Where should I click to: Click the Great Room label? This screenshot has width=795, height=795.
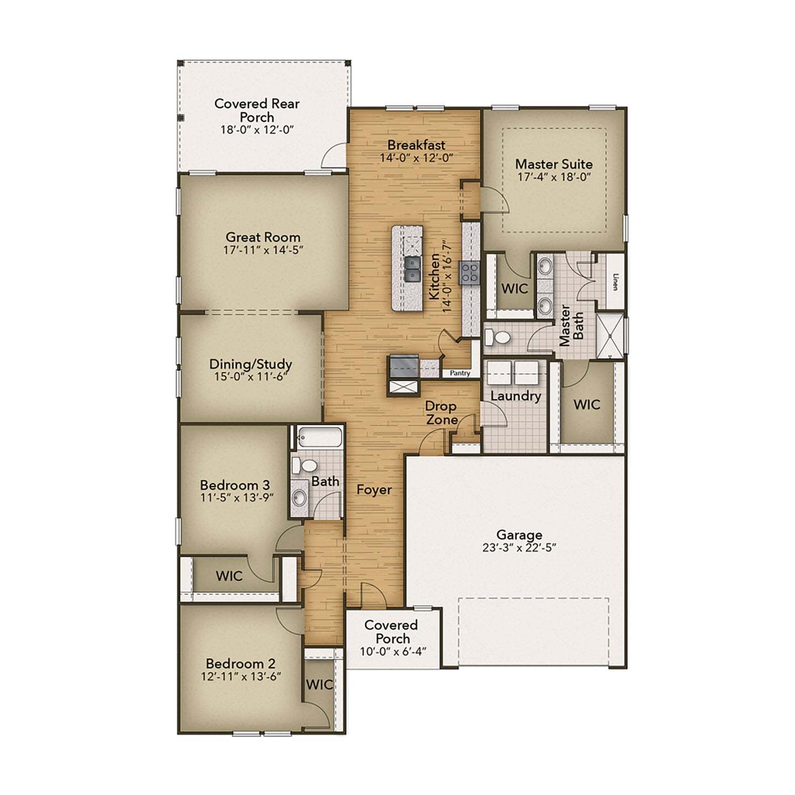(x=263, y=237)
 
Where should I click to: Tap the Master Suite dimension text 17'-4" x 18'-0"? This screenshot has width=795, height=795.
(x=554, y=178)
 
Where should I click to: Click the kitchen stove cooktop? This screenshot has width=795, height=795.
(x=470, y=273)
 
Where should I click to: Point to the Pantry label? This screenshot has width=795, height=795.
(x=460, y=373)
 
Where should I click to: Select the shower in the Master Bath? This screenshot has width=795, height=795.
(x=610, y=335)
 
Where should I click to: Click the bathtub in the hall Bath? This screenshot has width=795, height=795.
(x=319, y=438)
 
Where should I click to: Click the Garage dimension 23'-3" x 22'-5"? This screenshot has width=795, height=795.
(x=518, y=548)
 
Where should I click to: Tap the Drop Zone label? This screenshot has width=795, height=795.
(x=441, y=413)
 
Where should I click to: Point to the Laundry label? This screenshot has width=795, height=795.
(x=516, y=396)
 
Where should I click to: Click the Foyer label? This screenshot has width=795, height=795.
(x=374, y=490)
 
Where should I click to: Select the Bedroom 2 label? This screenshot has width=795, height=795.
(x=240, y=664)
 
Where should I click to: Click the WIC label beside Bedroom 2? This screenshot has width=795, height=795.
(x=319, y=685)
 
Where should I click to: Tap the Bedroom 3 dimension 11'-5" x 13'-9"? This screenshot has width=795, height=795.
(x=235, y=498)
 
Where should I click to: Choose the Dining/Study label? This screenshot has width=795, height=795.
(x=250, y=364)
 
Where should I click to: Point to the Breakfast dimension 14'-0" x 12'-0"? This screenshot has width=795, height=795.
(x=416, y=158)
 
